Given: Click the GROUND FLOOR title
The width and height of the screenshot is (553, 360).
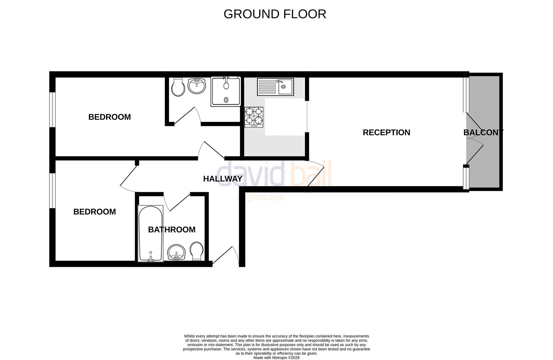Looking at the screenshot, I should click(274, 14).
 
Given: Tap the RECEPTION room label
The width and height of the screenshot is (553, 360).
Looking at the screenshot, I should click(386, 132).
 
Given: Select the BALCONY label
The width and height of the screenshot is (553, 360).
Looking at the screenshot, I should click(483, 132).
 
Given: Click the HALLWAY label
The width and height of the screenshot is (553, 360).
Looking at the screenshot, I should click(222, 179).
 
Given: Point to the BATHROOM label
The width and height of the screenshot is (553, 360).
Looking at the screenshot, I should click(171, 229).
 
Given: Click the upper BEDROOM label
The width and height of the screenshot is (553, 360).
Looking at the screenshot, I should click(109, 117).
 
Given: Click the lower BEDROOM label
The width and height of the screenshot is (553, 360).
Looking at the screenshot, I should click(94, 212).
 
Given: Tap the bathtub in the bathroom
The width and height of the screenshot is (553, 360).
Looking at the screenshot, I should click(150, 233).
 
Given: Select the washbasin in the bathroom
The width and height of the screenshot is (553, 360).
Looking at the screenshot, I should click(176, 252).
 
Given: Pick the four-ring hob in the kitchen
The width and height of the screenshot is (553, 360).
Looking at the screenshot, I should click(254, 117).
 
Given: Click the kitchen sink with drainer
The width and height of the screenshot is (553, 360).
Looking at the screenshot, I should click(275, 87).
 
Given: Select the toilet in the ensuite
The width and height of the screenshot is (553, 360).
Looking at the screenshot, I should click(178, 87).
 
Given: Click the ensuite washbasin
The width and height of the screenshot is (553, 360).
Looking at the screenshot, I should click(197, 86).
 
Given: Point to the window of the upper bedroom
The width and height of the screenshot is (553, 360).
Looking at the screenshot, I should click(52, 109).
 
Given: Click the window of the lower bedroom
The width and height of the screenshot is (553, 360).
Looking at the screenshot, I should click(52, 191).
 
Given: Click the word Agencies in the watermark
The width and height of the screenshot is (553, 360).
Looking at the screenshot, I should click(260, 197).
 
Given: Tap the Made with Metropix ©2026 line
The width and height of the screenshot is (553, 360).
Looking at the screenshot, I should click(276, 358).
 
